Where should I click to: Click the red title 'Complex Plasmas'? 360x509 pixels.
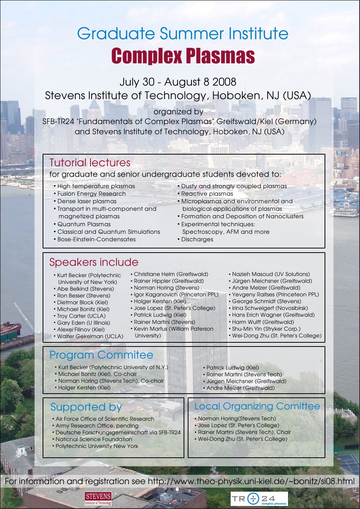click(x=183, y=56)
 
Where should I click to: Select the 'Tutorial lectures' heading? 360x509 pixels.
click(x=90, y=163)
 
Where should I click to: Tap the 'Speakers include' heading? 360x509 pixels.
click(x=94, y=262)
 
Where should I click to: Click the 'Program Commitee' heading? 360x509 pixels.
click(x=101, y=355)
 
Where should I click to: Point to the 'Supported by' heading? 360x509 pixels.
click(x=86, y=407)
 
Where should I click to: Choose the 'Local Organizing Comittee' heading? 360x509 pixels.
click(x=257, y=406)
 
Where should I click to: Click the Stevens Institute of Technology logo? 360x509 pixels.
click(x=98, y=498)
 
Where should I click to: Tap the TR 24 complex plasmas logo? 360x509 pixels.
click(x=259, y=499)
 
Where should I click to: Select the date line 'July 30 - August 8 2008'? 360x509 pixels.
click(x=178, y=82)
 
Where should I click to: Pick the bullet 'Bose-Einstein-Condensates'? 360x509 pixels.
click(x=96, y=239)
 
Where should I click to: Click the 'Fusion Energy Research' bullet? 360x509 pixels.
click(x=91, y=194)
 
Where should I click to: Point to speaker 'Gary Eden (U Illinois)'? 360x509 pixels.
click(x=83, y=323)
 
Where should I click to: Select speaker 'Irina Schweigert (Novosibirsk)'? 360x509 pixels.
click(x=270, y=308)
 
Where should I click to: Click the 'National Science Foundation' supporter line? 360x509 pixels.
click(x=93, y=439)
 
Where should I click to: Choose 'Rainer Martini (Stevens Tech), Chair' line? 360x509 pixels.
click(x=244, y=432)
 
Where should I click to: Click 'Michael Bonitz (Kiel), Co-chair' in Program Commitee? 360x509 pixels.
click(x=97, y=374)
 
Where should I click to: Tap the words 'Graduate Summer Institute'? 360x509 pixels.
click(x=183, y=34)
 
